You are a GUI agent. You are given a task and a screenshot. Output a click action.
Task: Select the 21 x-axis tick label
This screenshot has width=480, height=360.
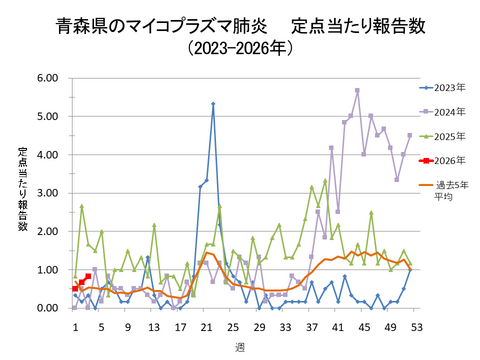(206, 325)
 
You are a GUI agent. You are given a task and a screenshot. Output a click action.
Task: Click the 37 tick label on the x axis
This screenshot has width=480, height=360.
(311, 325)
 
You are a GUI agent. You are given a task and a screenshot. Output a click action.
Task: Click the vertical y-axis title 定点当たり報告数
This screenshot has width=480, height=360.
(21, 192)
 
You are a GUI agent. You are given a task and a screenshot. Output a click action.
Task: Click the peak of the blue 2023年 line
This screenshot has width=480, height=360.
(213, 104)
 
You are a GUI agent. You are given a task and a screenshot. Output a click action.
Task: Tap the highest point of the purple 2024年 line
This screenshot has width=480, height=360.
(357, 90)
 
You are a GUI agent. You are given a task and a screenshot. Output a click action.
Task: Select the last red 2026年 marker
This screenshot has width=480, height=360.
(88, 277)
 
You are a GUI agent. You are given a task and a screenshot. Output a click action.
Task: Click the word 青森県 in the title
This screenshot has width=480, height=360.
(81, 23)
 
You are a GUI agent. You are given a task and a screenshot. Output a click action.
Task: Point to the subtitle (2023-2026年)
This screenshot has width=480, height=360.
(240, 48)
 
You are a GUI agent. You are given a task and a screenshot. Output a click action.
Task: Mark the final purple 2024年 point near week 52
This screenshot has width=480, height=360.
(409, 135)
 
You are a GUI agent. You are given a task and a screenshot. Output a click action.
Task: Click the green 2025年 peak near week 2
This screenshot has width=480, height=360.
(81, 206)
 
